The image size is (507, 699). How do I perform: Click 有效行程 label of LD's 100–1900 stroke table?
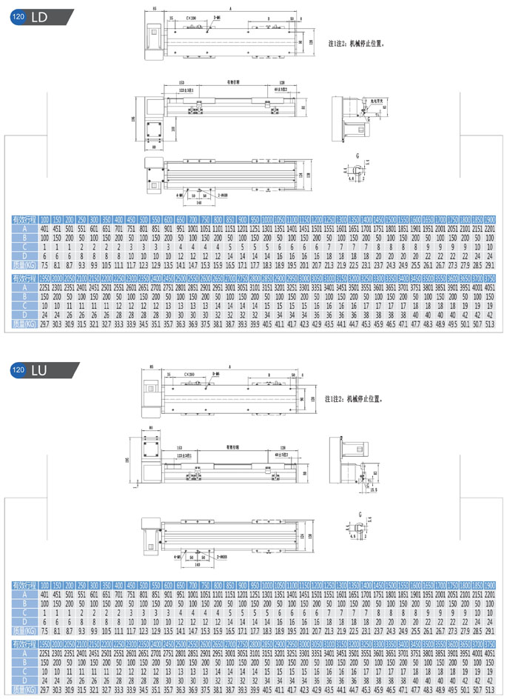coord(24,219)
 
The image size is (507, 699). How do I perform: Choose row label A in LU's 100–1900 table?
coord(24,595)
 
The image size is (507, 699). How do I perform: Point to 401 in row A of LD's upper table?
coord(44,229)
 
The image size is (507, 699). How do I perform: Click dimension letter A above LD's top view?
coord(230,6)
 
